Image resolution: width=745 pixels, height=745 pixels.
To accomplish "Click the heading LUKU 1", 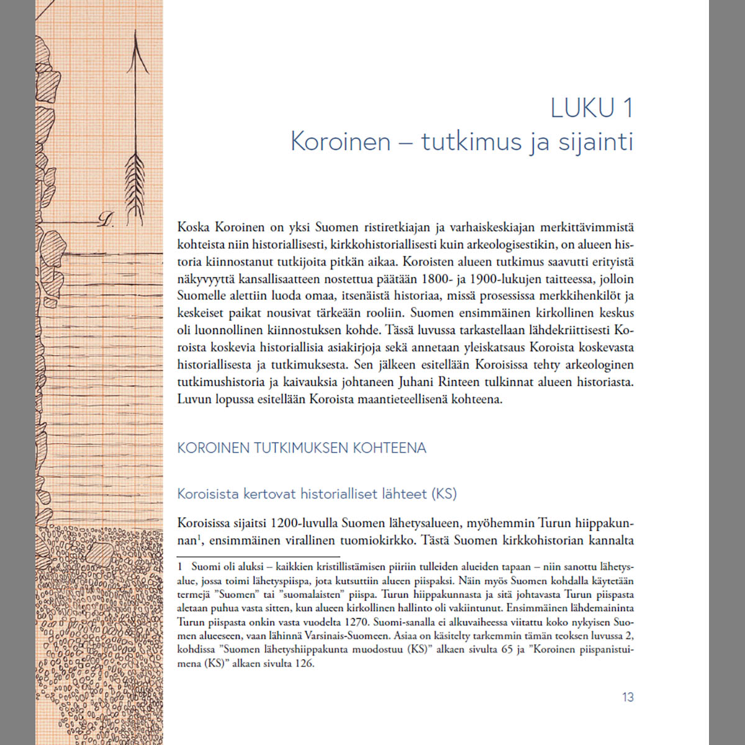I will pos(592,108).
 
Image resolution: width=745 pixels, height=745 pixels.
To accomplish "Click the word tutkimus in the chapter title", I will pos(468,142).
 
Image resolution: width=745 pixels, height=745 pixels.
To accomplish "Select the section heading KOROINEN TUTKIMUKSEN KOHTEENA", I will pos(302,448).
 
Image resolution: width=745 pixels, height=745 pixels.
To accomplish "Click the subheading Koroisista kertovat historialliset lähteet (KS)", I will pos(317,494).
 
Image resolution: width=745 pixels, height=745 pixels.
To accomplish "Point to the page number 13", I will pos(628,697).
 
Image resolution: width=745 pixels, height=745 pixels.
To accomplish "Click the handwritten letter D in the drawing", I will pos(106,219).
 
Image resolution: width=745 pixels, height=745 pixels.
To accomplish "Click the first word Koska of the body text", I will pos(194,227).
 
